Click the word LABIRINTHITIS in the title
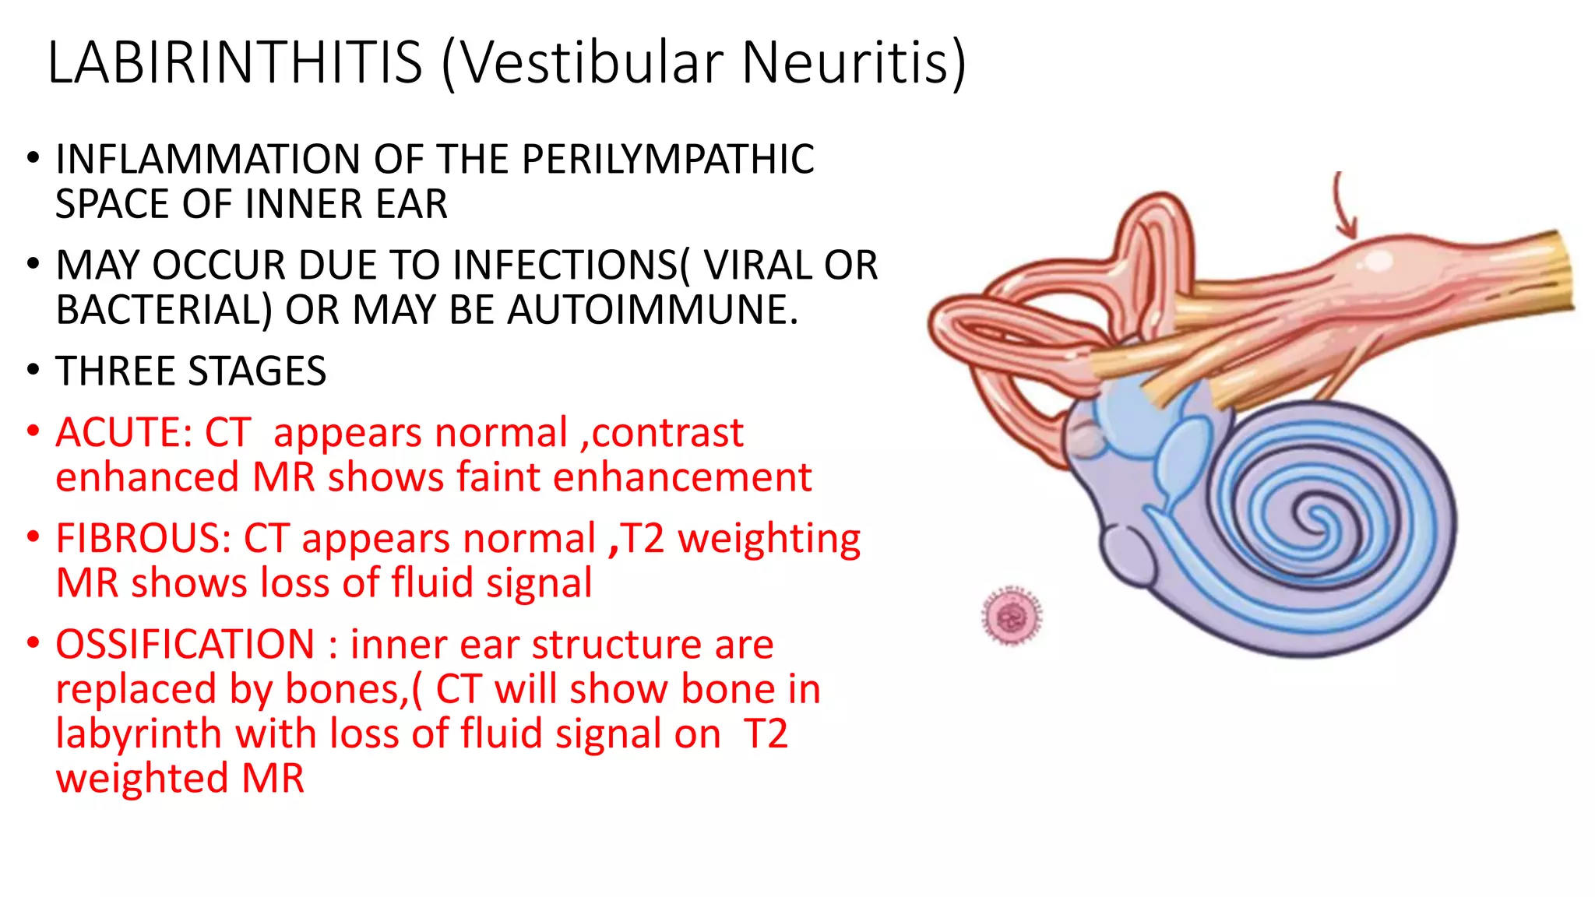(234, 62)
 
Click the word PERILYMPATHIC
(667, 160)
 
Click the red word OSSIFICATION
(185, 645)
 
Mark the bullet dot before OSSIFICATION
(33, 643)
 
